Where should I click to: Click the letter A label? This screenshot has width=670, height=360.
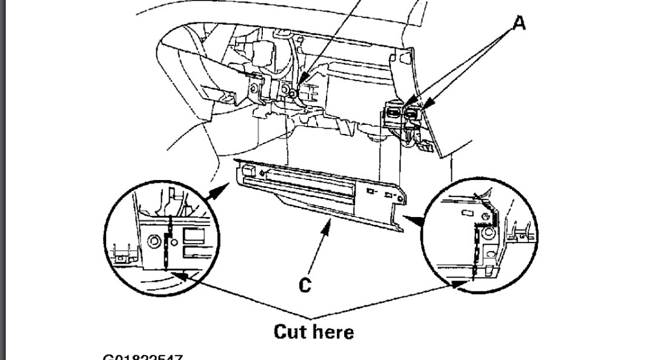pyautogui.click(x=519, y=24)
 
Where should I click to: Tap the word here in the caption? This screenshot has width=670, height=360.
pyautogui.click(x=335, y=332)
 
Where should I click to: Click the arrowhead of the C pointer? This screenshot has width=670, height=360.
pyautogui.click(x=330, y=225)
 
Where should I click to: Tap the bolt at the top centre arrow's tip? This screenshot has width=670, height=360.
pyautogui.click(x=293, y=93)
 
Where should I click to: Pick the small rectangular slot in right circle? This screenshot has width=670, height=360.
pyautogui.click(x=466, y=213)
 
